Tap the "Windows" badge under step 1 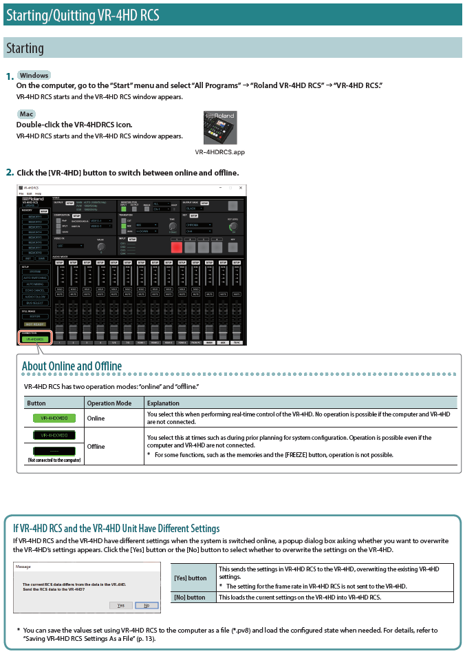click(34, 75)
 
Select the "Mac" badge click(27, 114)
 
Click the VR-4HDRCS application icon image click(219, 128)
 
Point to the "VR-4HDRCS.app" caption click(219, 152)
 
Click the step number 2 click(10, 172)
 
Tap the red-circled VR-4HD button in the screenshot click(34, 339)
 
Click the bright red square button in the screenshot click(176, 246)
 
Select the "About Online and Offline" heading click(72, 366)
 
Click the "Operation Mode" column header click(109, 403)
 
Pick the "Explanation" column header click(163, 403)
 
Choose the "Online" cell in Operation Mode click(96, 418)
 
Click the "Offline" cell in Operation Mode click(96, 446)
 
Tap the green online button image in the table click(54, 418)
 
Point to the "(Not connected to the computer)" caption click(54, 459)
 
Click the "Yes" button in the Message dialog click(120, 605)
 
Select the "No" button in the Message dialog click(146, 605)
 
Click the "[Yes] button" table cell click(191, 578)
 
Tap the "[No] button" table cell click(190, 597)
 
